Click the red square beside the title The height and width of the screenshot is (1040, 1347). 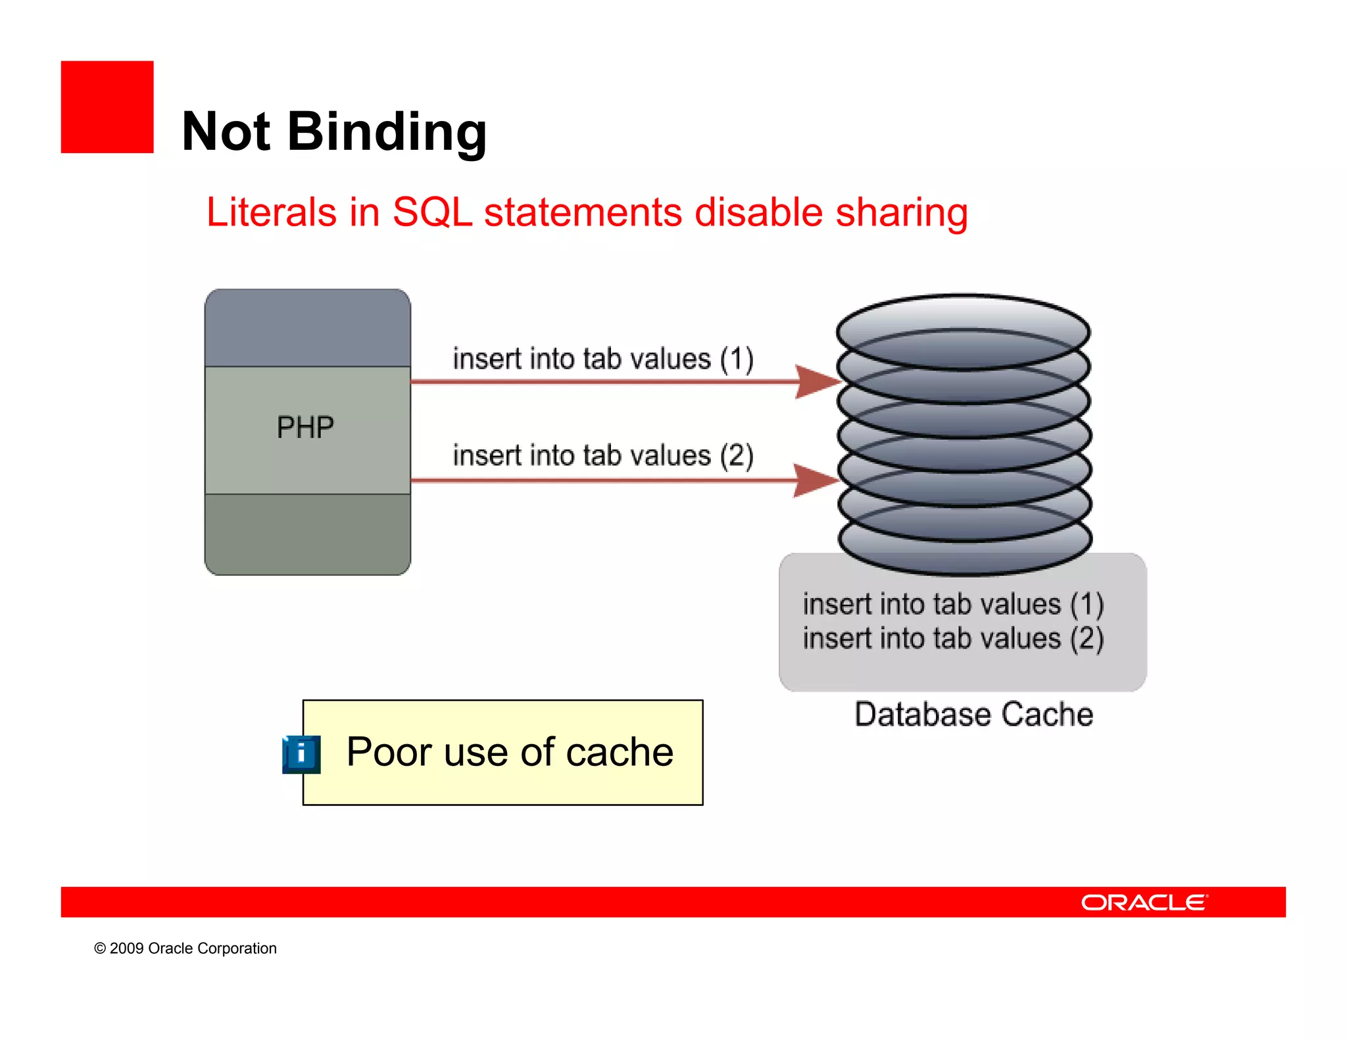coord(107,107)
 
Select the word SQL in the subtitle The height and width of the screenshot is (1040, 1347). coord(432,212)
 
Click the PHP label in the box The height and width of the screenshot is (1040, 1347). coord(305,428)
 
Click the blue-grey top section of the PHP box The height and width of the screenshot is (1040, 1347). coord(307,327)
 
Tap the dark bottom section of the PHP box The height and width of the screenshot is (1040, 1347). coord(307,534)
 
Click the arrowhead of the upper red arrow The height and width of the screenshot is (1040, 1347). coord(816,381)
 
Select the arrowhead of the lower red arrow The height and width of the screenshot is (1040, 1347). coord(814,481)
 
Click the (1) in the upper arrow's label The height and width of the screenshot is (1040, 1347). coord(736,360)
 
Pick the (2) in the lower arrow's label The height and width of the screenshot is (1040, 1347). coord(736,456)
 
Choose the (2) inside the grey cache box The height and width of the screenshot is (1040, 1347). coord(1087,639)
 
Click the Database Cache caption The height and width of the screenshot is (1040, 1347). coord(973,715)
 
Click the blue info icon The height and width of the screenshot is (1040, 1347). coord(301,754)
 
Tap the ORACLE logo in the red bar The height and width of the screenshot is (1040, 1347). coord(1144,903)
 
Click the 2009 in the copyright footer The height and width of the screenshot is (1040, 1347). coord(126,949)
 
